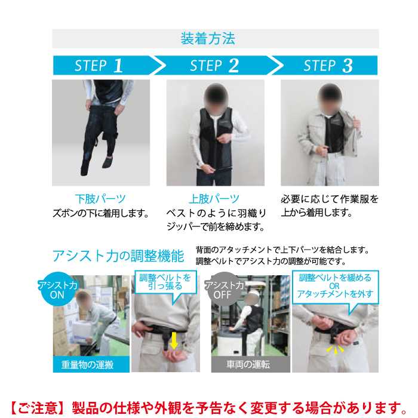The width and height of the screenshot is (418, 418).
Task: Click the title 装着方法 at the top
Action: [208, 39]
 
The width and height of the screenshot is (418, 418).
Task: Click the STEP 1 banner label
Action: [99, 66]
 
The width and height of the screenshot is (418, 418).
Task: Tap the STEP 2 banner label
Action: [214, 66]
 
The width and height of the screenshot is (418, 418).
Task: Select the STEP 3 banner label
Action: [328, 66]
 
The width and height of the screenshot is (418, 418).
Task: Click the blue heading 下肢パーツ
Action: [100, 199]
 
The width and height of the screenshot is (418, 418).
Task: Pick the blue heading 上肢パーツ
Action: [214, 199]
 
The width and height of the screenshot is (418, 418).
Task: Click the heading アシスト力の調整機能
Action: [118, 256]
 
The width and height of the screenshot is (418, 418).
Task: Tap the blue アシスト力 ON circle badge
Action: [57, 290]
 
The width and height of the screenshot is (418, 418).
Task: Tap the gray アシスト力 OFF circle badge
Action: [224, 290]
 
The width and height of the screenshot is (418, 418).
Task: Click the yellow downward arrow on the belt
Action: [174, 341]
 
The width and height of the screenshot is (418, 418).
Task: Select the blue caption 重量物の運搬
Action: [88, 364]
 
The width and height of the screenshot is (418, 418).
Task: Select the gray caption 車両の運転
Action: [248, 364]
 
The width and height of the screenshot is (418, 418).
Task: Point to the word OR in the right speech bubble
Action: [334, 286]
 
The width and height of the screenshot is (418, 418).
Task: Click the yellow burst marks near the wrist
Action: [336, 350]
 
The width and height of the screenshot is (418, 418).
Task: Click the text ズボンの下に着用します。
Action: [101, 213]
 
